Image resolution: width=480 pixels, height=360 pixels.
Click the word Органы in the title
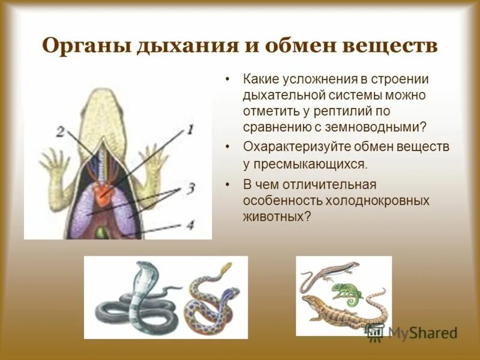pos(83,47)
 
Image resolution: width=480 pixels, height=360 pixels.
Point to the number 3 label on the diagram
pos(190,188)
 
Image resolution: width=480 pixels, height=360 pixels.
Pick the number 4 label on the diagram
pos(190,225)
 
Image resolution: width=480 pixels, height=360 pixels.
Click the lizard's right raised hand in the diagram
pos(157,157)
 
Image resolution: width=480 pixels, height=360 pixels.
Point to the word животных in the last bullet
pos(277,216)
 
